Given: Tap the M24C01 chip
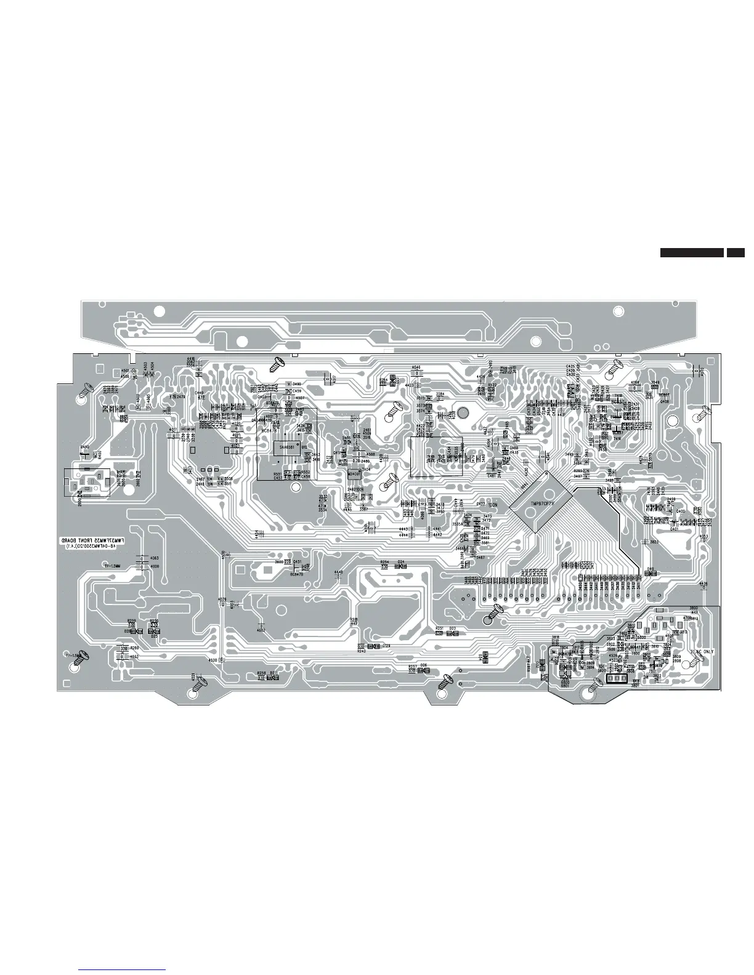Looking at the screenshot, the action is pos(354,474).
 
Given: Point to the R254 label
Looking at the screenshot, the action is pos(384,562).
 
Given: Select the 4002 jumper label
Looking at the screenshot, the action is pos(261,630).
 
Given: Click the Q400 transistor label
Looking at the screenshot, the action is pos(681,512).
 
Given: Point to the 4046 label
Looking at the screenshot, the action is pos(416,367).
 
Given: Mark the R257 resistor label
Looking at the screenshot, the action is pos(412,667).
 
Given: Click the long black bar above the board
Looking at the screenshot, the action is pos(691,252).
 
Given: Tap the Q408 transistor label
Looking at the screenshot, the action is pos(664,401).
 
